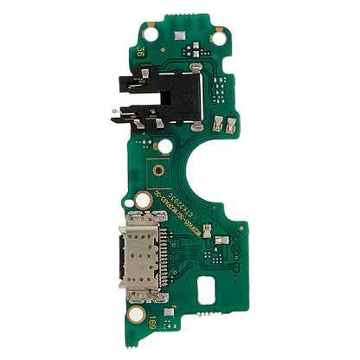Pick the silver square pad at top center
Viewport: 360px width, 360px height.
coord(178,36)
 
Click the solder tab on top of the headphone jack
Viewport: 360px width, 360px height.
coord(198,66)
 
